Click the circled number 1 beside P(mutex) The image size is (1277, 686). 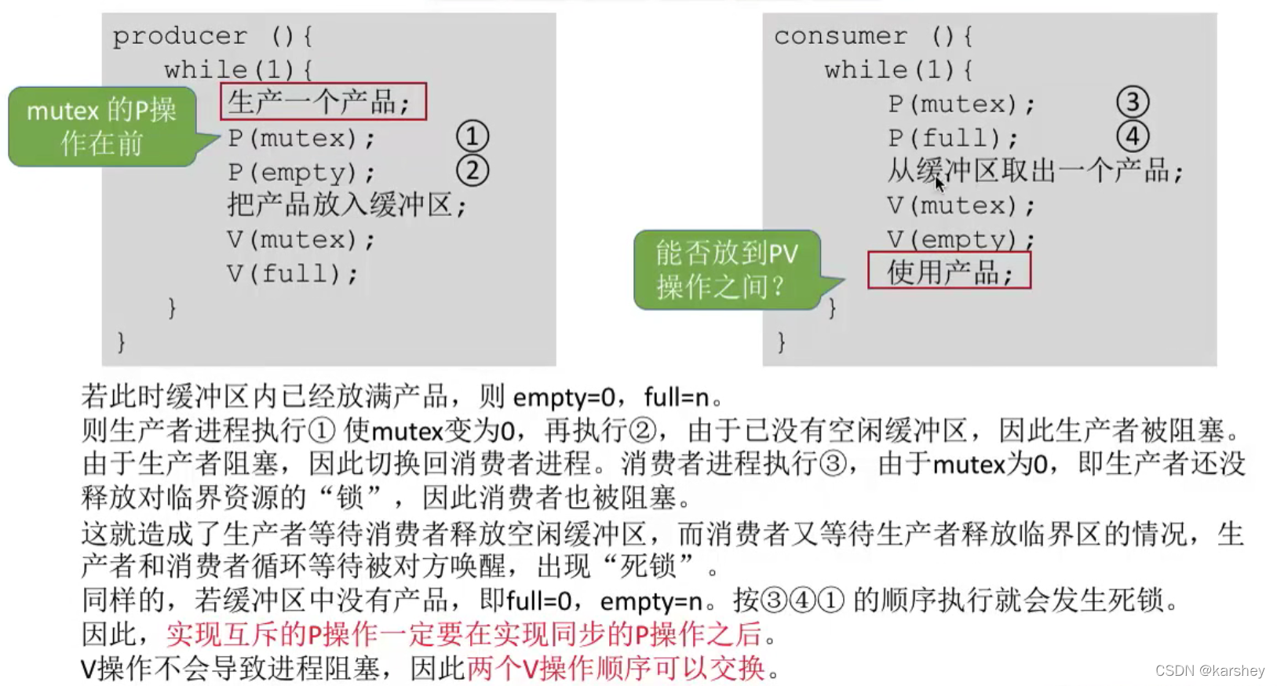tap(472, 137)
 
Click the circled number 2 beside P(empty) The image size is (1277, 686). tap(472, 170)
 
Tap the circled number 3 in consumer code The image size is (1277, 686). tap(1132, 102)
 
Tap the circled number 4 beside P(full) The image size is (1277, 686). tap(1132, 137)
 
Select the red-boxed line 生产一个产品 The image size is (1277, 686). tap(323, 101)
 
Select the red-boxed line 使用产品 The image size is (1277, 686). tap(948, 271)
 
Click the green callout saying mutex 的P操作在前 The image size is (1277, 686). tap(102, 126)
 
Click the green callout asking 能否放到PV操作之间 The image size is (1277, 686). tap(726, 269)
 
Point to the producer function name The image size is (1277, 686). tap(180, 36)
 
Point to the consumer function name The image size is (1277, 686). tap(840, 36)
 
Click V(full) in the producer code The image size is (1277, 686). tap(291, 273)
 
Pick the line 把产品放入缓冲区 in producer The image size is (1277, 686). tap(346, 206)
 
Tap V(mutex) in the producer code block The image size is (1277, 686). tap(301, 239)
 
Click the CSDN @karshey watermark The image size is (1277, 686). tap(1210, 670)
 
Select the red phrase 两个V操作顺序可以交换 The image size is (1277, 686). tap(616, 668)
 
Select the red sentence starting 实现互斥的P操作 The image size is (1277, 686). tap(463, 633)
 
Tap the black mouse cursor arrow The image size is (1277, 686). tap(940, 184)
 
